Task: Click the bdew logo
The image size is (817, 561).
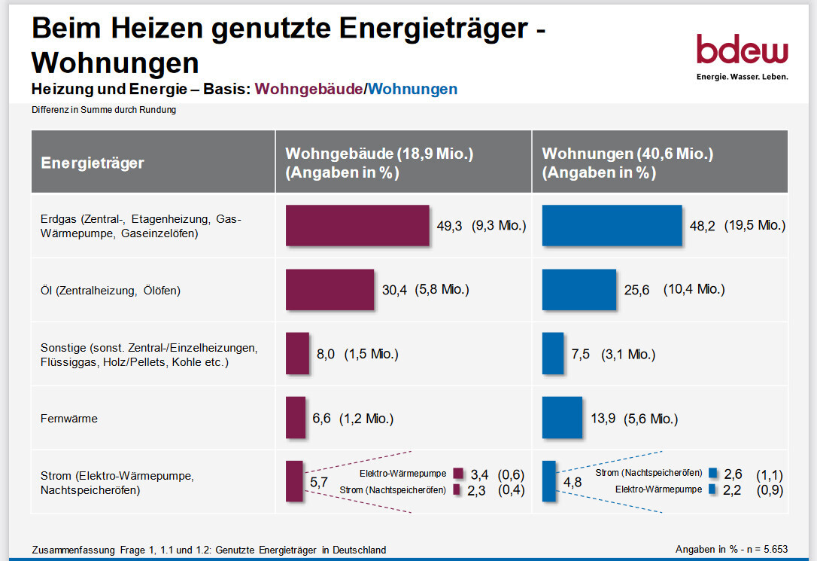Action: tap(742, 56)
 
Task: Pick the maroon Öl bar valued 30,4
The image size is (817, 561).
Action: tap(330, 290)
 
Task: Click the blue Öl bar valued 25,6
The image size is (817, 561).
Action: tap(579, 290)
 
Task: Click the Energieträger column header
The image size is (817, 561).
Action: tap(93, 163)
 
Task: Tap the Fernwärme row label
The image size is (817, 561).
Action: tap(69, 419)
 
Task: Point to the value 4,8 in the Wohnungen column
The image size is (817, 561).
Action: tap(573, 482)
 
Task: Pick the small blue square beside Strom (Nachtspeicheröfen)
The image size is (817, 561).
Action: tap(712, 473)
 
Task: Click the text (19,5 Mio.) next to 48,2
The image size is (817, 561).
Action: tap(755, 225)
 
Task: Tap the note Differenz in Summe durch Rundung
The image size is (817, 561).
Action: tap(104, 110)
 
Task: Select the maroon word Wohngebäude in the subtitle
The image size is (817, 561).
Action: tap(308, 90)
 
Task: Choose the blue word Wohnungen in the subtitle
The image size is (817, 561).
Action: tap(413, 90)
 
